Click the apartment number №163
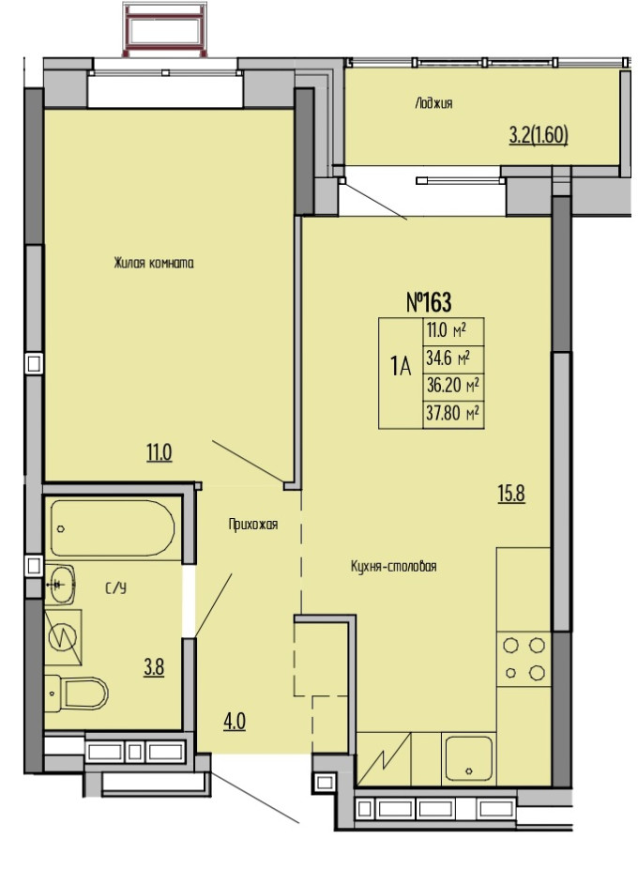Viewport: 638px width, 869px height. point(429,302)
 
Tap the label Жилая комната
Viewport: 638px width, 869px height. point(154,263)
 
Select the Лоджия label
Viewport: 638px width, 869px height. point(433,103)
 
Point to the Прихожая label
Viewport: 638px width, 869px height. point(252,525)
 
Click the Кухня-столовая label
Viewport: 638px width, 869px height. point(393,567)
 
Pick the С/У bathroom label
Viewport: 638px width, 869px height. point(115,588)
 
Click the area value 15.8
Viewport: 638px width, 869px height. point(511,494)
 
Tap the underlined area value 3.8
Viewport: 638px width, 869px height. point(154,667)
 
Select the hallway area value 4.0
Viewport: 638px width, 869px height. point(235,722)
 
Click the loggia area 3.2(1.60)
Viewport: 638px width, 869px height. point(539,136)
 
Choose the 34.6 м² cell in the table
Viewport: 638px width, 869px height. point(453,358)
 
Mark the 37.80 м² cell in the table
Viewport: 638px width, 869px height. point(453,414)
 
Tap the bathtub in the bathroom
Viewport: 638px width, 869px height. point(114,528)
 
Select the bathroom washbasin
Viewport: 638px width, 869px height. point(60,585)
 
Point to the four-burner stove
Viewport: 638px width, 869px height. point(524,660)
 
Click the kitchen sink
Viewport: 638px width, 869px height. point(469,758)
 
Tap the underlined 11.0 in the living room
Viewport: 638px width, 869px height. point(159,452)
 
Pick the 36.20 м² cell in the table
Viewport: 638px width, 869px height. point(453,387)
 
